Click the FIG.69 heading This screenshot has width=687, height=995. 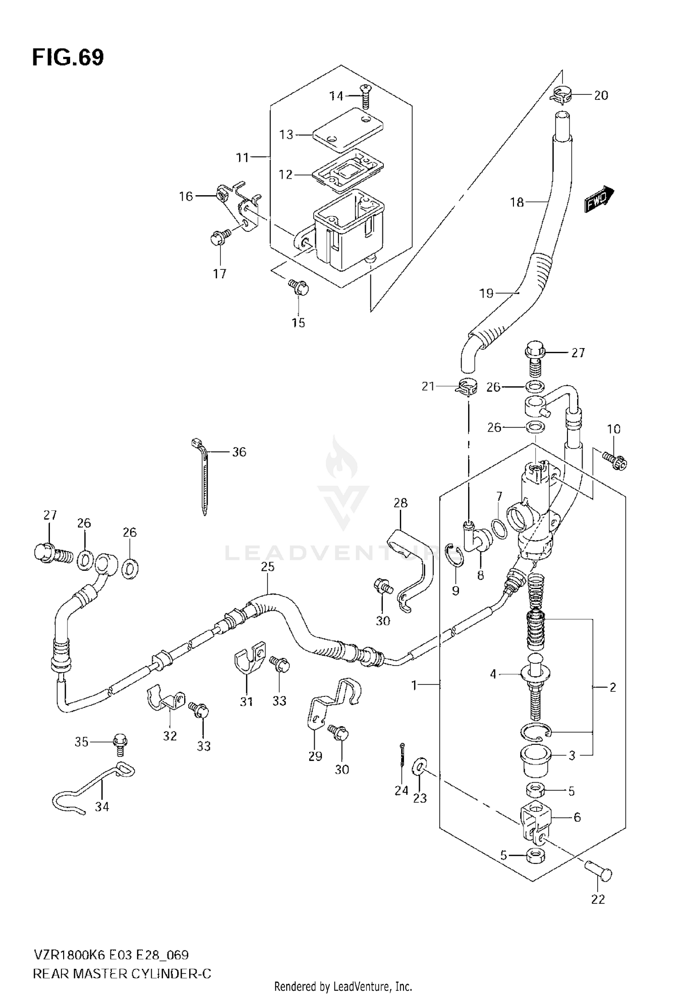click(68, 58)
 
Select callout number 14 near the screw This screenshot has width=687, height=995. click(336, 96)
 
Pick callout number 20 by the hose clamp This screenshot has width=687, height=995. click(601, 95)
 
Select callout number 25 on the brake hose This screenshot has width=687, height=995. click(267, 567)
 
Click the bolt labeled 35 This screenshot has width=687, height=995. click(120, 744)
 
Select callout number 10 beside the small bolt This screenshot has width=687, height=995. click(613, 429)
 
